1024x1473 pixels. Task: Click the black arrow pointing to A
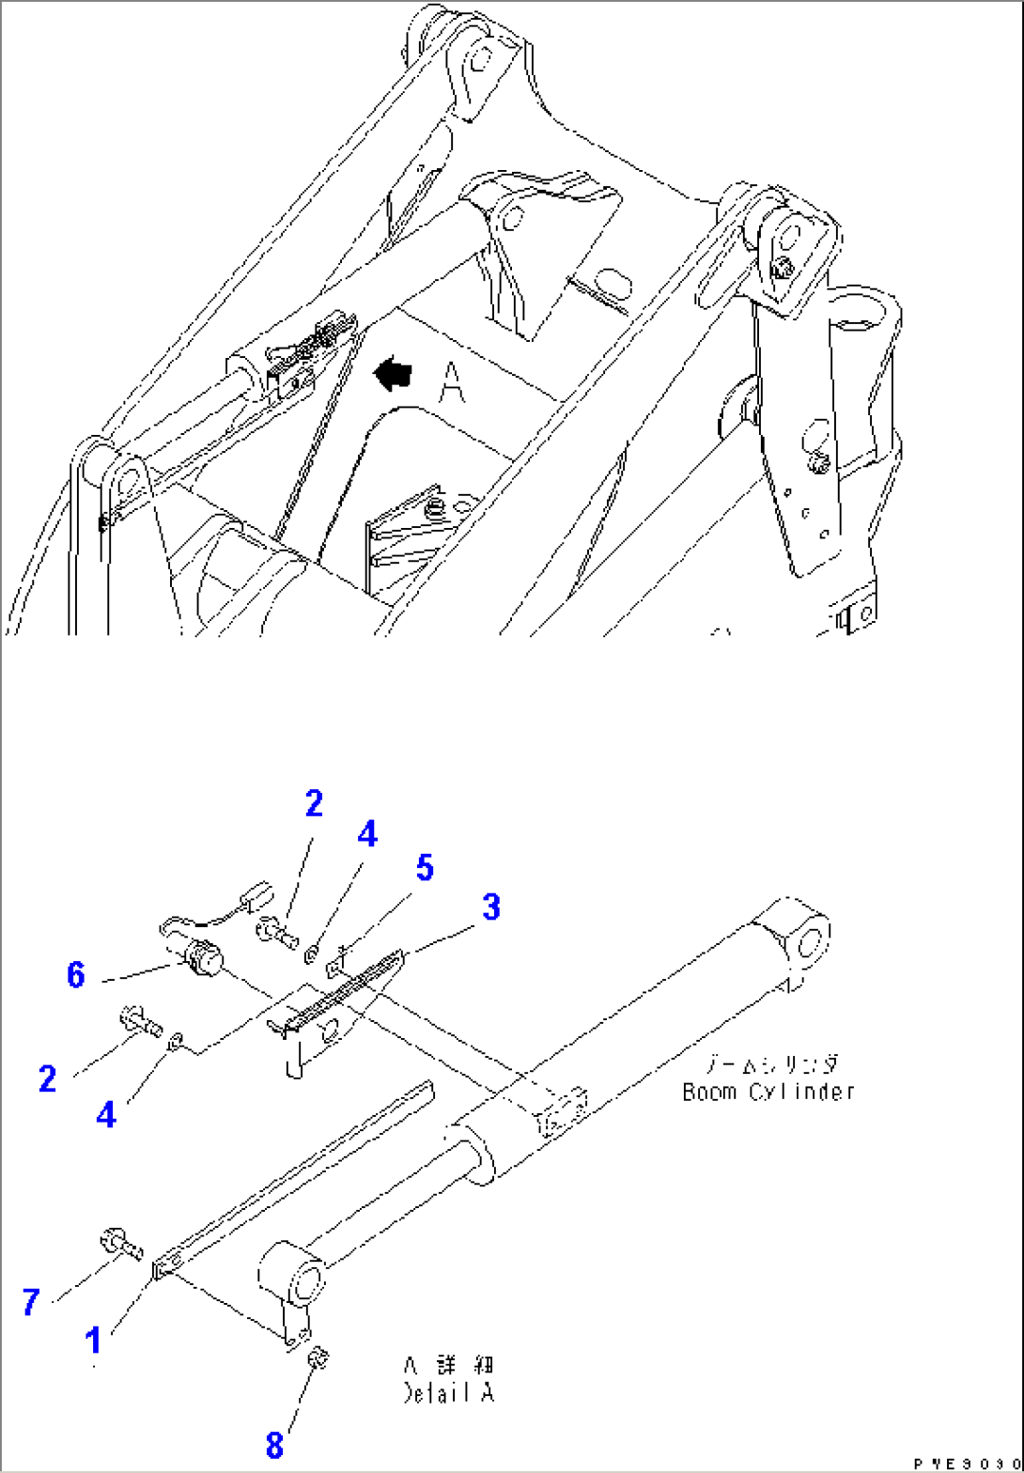pos(393,375)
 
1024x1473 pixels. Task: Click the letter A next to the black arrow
pos(452,383)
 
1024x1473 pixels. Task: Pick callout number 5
pos(425,869)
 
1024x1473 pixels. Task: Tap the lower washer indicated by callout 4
pos(176,1041)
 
